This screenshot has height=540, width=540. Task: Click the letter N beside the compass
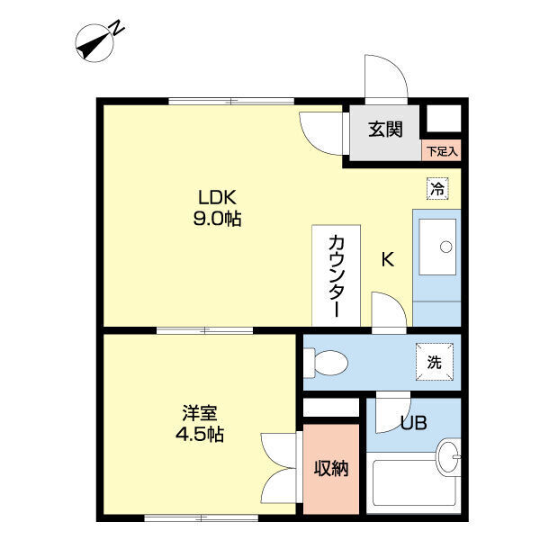tap(116, 28)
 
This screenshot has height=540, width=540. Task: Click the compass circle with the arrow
tap(94, 43)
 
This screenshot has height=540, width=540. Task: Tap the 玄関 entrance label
tap(385, 130)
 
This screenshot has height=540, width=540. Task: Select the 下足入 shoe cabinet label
tap(442, 151)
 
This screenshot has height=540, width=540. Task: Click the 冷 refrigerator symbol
tap(437, 188)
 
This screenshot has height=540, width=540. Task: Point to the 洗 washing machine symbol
tap(435, 362)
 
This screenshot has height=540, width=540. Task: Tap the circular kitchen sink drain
tap(446, 247)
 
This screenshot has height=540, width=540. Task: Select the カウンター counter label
tap(337, 275)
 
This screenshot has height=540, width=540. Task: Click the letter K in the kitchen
tap(388, 259)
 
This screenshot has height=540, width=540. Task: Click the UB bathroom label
tap(414, 423)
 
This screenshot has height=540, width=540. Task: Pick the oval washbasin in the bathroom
tap(448, 457)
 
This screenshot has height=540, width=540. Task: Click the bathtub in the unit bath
tap(413, 482)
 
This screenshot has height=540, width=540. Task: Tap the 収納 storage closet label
tap(331, 468)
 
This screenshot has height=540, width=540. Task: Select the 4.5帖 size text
tap(200, 435)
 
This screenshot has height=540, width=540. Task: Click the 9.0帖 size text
tap(217, 219)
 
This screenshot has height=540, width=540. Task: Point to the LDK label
tap(217, 197)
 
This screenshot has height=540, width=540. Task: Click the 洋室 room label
tap(200, 413)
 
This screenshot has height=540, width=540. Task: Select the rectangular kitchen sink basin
tap(437, 247)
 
